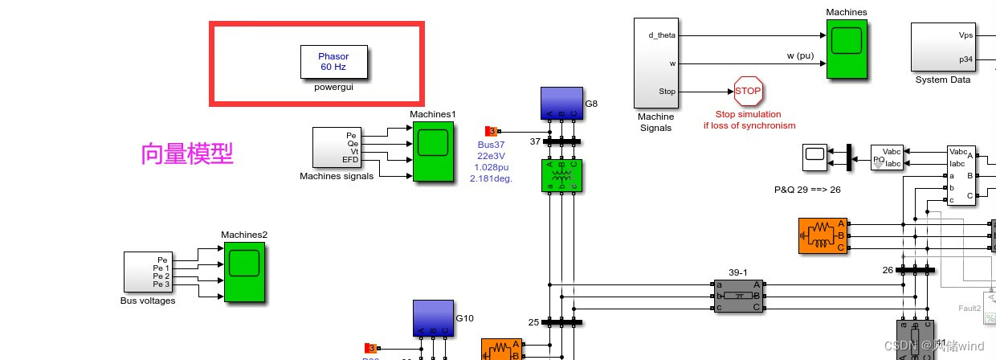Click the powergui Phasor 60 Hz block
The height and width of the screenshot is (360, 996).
click(334, 62)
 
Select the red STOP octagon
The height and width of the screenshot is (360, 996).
click(748, 92)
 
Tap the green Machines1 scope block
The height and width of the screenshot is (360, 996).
click(433, 151)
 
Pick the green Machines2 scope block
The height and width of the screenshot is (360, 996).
click(244, 272)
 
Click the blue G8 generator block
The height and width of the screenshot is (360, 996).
click(561, 104)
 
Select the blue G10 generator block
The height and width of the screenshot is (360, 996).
click(433, 318)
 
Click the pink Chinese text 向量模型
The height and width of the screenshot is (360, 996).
click(187, 153)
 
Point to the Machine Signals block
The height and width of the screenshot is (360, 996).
click(656, 63)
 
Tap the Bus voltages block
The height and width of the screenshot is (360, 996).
click(148, 272)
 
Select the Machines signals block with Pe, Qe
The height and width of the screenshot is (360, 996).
click(337, 148)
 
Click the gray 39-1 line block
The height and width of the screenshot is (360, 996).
click(738, 296)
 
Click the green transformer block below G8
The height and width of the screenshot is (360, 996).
click(561, 175)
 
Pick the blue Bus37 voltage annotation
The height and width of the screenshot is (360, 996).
click(491, 162)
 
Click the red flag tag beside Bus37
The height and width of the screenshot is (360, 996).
click(492, 131)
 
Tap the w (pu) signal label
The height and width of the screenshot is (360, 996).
click(801, 56)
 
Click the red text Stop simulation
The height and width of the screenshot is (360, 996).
click(749, 114)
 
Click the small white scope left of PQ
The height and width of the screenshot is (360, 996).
click(815, 157)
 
